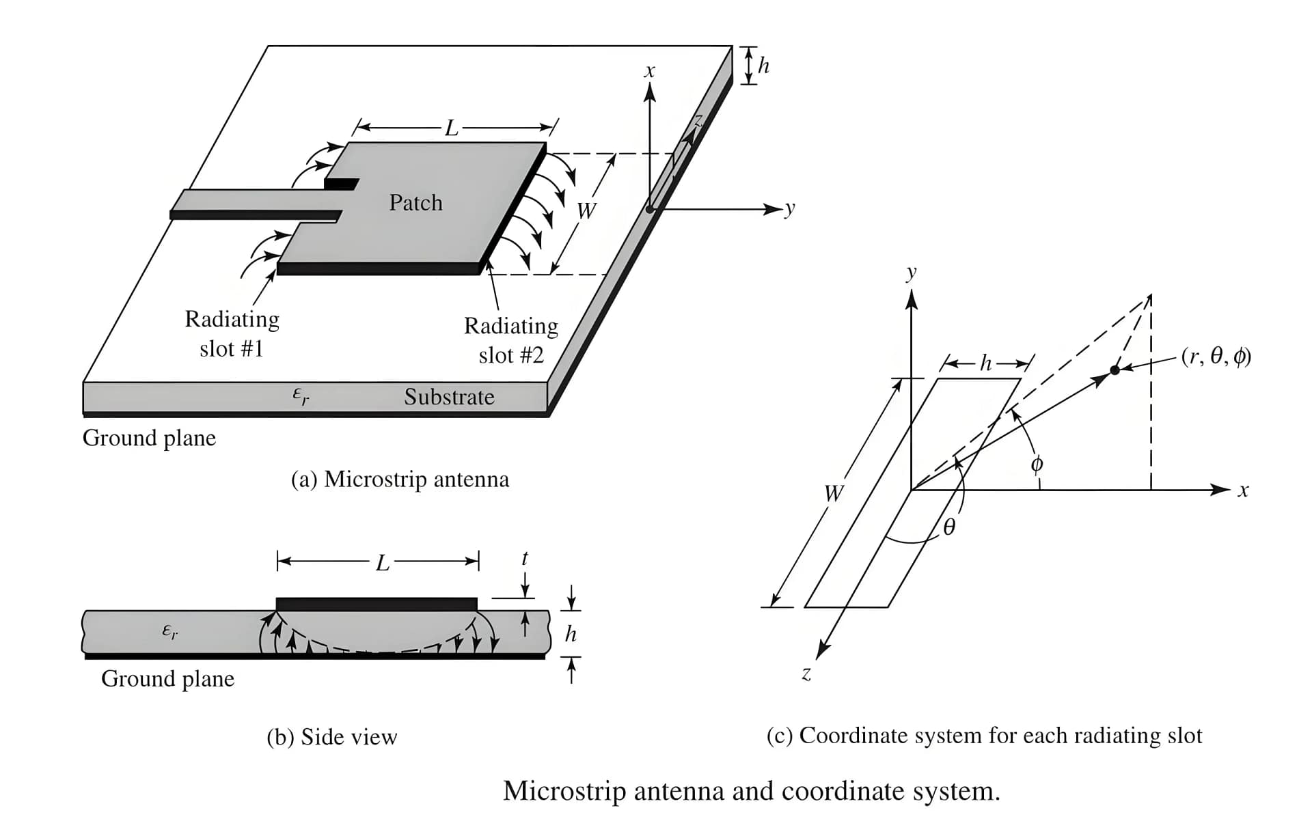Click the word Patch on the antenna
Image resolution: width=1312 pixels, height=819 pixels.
tap(415, 203)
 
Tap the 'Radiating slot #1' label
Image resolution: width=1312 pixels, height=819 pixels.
tap(232, 334)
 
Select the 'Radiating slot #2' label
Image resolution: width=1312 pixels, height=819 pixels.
tap(511, 340)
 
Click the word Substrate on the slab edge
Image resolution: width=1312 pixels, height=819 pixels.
tap(449, 397)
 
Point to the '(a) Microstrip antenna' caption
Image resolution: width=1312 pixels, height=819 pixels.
tap(400, 480)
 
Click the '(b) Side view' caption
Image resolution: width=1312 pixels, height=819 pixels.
tap(331, 737)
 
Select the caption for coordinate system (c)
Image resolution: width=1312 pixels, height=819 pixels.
tap(984, 736)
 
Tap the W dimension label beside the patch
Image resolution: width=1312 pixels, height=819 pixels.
tap(586, 211)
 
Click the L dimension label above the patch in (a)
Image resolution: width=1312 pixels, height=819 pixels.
tap(451, 128)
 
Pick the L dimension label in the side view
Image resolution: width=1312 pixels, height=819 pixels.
tap(383, 563)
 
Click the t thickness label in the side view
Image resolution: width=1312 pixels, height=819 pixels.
tap(525, 558)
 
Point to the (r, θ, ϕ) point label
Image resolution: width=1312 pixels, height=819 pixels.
tap(1216, 357)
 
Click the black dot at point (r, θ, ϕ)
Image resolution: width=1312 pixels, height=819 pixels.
tap(1115, 370)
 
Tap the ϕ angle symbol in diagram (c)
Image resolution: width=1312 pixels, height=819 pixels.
tap(1037, 464)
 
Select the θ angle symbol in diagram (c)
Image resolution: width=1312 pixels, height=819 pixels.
tap(949, 527)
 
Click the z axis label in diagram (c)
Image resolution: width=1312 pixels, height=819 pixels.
tap(806, 674)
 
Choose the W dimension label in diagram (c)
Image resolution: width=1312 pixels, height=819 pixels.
tap(833, 492)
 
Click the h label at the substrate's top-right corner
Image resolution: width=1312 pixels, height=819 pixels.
tap(764, 66)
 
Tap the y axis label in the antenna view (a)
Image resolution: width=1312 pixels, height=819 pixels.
tap(790, 208)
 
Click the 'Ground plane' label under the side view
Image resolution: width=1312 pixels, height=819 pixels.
tap(167, 679)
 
